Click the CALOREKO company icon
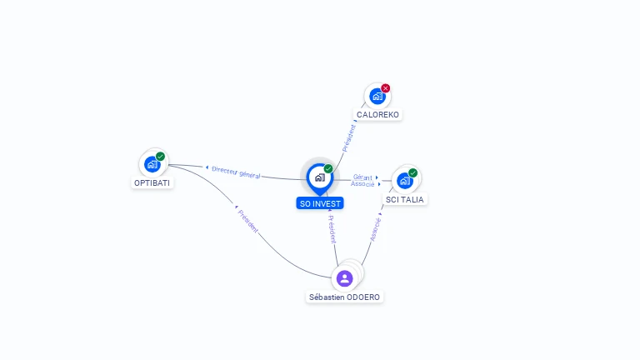coord(377,97)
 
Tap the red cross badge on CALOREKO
coord(385,88)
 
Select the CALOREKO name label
coord(377,115)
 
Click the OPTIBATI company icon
coord(152,164)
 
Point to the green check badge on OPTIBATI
coord(160,157)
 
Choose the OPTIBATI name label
coord(152,182)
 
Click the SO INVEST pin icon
coord(320,179)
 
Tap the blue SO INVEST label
coord(320,203)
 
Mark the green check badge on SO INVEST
coord(328,168)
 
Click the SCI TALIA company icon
coord(405,181)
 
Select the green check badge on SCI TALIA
coord(412,173)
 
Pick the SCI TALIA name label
coord(404,200)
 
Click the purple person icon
coord(344,278)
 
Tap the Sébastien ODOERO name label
coord(344,297)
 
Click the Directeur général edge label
coord(236,172)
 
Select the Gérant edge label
coord(362,177)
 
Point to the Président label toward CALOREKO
coord(349,138)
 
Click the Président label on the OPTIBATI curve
coord(247,221)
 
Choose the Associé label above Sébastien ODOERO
coord(375,229)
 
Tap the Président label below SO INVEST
coord(332,229)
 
